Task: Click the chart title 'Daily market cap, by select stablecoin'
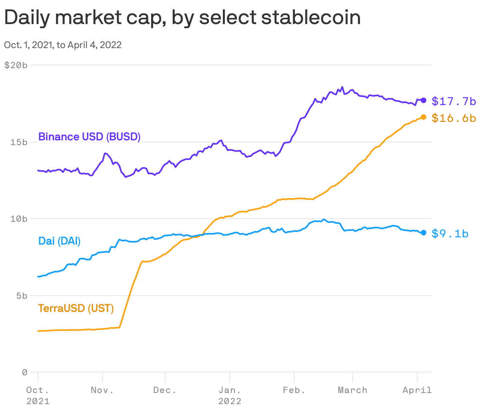(182, 18)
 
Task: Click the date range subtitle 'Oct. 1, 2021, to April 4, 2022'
(63, 45)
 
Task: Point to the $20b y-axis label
(16, 65)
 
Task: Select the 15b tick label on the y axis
(18, 142)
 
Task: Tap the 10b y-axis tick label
(18, 219)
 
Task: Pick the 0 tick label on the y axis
(24, 372)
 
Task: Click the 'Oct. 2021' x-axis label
(38, 395)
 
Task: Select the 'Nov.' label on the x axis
(102, 390)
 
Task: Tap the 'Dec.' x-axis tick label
(165, 390)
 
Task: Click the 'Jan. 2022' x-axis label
(230, 395)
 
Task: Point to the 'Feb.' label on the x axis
(294, 390)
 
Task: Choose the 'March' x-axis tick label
(352, 390)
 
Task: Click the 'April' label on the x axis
(417, 390)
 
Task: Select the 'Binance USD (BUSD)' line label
(89, 137)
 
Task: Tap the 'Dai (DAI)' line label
(59, 241)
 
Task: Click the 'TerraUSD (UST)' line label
(76, 308)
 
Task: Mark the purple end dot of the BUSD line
(423, 100)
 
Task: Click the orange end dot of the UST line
(423, 117)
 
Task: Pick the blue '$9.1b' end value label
(450, 233)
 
